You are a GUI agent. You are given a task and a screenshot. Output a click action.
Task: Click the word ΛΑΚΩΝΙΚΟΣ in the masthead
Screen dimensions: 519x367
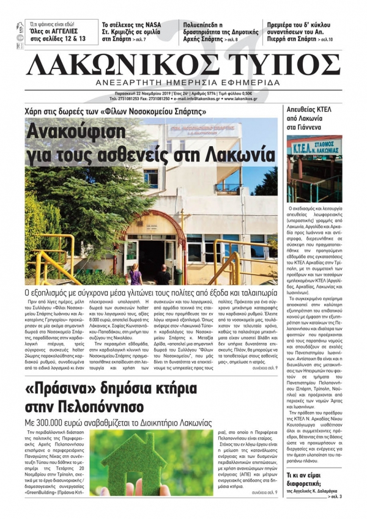click(127, 63)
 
